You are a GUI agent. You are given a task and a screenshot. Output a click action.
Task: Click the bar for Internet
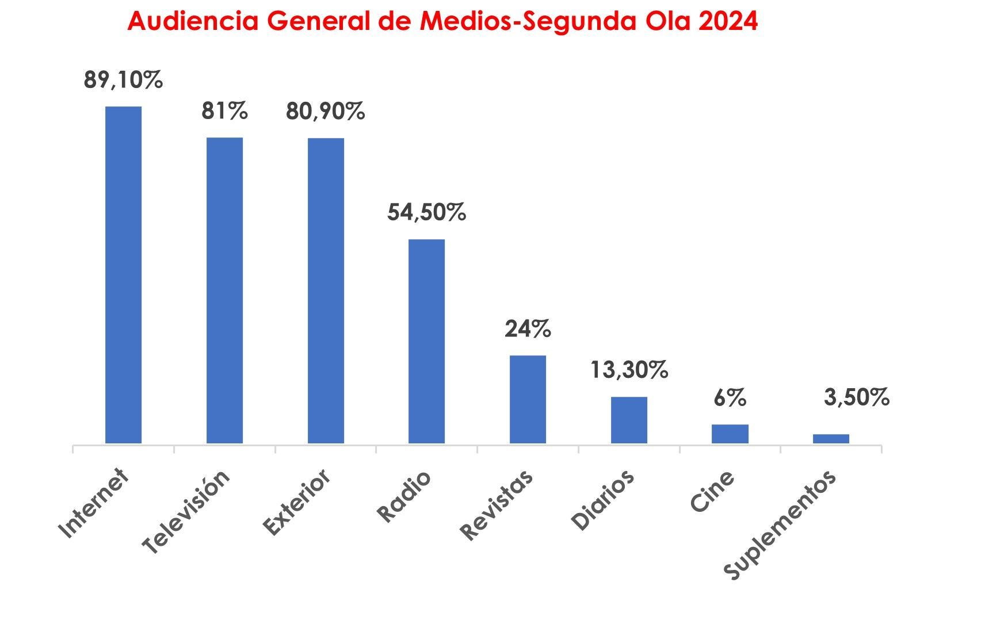click(123, 275)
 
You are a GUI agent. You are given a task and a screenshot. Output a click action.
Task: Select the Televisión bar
click(224, 290)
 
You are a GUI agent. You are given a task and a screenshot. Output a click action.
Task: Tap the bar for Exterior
click(326, 290)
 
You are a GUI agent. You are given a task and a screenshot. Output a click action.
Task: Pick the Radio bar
click(426, 341)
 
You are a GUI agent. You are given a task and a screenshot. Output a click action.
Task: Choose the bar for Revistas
click(528, 399)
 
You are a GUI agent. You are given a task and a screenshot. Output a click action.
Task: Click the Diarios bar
click(629, 420)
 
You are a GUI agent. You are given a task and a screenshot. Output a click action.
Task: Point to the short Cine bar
click(730, 434)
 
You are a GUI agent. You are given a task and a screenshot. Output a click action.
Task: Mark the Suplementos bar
click(831, 439)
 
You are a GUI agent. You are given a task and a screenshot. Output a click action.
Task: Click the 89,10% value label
click(123, 80)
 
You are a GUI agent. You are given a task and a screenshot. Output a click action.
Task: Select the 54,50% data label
click(426, 212)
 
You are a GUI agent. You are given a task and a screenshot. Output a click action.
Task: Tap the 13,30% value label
click(629, 370)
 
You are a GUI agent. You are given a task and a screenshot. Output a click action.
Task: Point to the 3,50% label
click(857, 397)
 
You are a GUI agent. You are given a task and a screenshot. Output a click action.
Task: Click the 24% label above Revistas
click(528, 330)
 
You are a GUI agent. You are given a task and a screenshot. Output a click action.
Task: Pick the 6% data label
click(730, 398)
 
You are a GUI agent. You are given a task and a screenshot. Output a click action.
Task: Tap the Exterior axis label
click(296, 502)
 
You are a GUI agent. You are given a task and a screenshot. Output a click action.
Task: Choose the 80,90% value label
click(326, 112)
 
